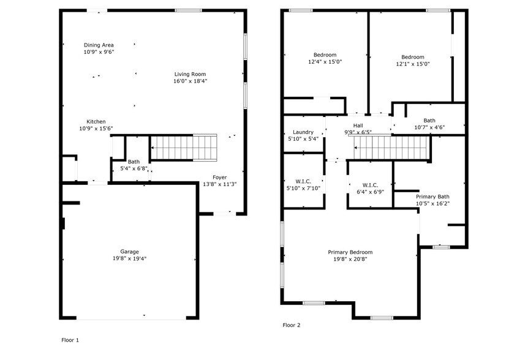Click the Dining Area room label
(99, 45)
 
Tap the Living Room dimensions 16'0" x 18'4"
(190, 81)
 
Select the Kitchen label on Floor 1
(96, 121)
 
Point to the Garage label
(129, 251)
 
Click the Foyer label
(219, 177)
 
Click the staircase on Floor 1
(184, 147)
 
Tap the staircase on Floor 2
(391, 147)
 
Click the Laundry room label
(303, 132)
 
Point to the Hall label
(358, 126)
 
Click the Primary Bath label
(432, 197)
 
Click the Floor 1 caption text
(70, 340)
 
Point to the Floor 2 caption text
(292, 325)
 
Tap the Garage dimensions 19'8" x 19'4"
(129, 258)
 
